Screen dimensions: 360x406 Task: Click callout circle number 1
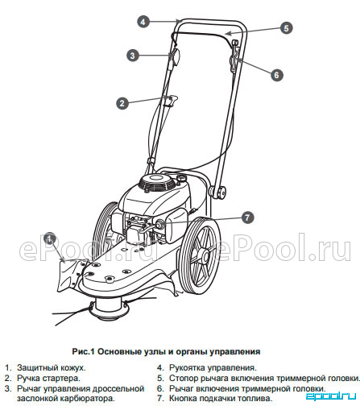click(49, 238)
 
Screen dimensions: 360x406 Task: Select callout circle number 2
click(122, 103)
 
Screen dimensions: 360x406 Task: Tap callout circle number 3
click(133, 56)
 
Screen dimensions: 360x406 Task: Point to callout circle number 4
click(143, 22)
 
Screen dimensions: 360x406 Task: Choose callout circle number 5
click(286, 28)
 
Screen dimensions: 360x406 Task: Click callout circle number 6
click(277, 75)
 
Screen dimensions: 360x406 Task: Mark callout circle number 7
click(247, 217)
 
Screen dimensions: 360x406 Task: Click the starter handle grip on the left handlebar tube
click(172, 100)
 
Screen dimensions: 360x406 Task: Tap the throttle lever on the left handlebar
click(175, 56)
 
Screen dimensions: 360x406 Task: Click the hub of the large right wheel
click(206, 257)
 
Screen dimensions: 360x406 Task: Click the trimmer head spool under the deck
click(109, 309)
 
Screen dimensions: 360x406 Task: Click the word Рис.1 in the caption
click(83, 351)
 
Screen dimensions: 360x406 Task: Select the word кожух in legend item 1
click(73, 367)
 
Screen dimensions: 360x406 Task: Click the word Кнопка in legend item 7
click(181, 398)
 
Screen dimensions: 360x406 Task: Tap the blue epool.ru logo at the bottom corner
click(331, 396)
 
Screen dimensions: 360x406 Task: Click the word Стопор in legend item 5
click(182, 378)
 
